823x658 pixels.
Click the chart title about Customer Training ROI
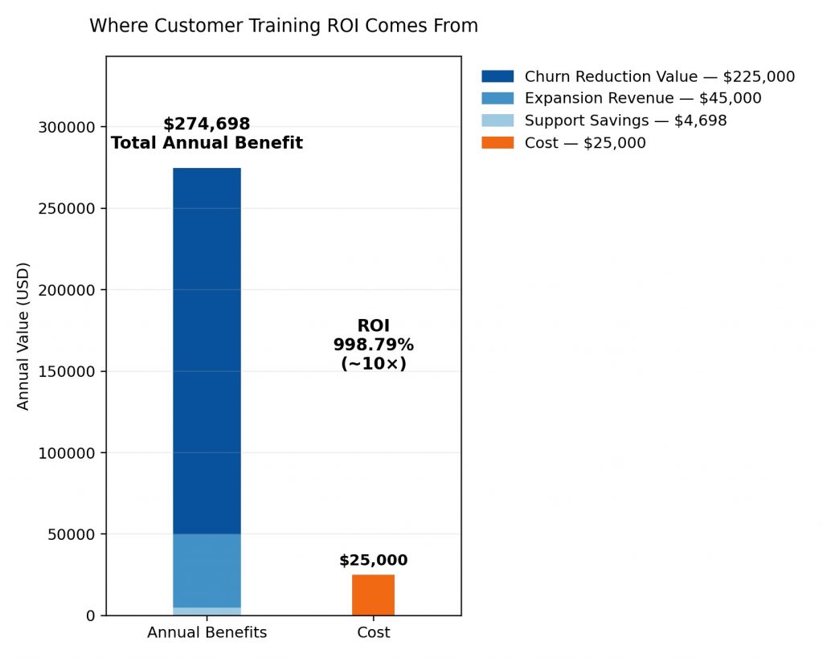point(284,26)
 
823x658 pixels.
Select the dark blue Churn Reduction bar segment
point(207,350)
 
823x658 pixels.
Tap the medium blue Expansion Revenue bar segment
point(207,570)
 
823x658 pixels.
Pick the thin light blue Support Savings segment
point(207,611)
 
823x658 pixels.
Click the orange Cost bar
point(373,595)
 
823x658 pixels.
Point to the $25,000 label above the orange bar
point(373,561)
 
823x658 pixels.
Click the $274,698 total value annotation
point(207,125)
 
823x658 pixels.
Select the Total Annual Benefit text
point(207,144)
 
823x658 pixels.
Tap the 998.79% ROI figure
point(373,345)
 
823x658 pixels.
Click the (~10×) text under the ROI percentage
point(373,363)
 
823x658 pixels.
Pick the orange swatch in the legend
point(497,143)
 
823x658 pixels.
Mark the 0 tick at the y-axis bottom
point(91,615)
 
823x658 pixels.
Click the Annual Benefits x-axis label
point(207,633)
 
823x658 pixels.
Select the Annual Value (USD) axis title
point(23,336)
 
